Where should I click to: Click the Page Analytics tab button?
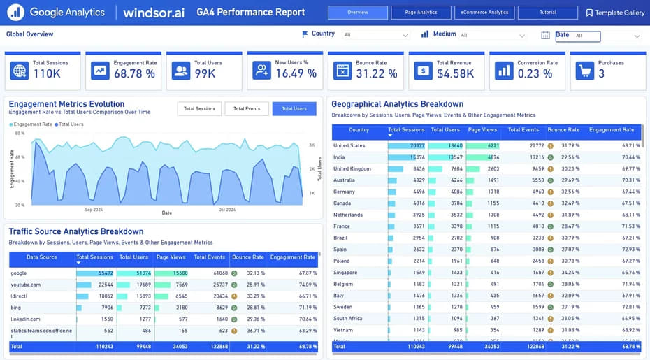coord(421,13)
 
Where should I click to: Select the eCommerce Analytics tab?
coord(484,13)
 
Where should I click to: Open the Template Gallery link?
coord(615,13)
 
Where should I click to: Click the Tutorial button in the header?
coord(548,13)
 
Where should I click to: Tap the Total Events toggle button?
coord(247,108)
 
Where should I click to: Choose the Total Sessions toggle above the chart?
coord(199,108)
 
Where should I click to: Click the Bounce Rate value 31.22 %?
coord(376,73)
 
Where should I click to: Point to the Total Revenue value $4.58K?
coord(456,73)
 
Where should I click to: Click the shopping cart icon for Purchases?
coord(586,71)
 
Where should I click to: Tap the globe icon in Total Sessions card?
coord(20,71)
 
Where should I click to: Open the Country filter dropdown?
coord(375,35)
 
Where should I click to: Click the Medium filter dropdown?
coord(492,35)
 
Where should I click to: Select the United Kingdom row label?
coord(352,168)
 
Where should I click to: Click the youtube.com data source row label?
coord(26,285)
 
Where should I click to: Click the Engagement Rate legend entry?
coord(31,124)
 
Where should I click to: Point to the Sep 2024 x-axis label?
coord(94,210)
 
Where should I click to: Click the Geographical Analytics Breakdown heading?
coord(397,104)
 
